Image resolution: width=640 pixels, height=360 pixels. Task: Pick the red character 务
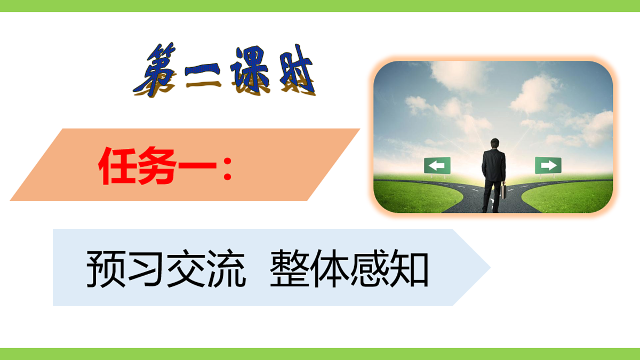(x=157, y=166)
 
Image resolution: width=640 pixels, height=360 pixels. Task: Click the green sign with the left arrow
(x=437, y=165)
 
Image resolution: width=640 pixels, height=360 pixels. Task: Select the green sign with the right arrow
(x=548, y=165)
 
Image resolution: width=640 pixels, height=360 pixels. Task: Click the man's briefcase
(x=502, y=191)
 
